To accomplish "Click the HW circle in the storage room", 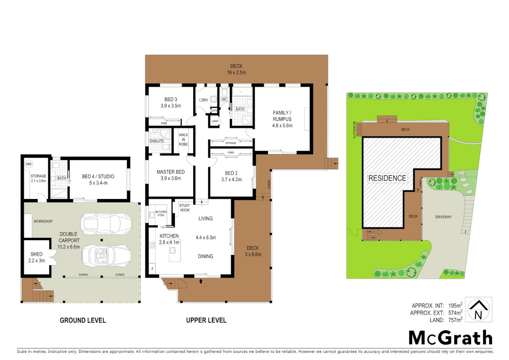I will tap(29, 164).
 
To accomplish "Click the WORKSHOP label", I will tap(43, 221).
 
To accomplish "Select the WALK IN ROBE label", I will tap(183, 140).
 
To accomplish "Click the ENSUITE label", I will tap(157, 141).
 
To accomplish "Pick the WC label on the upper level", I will tap(225, 99).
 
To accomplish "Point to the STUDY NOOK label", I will tap(185, 208).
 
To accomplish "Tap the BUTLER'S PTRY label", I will tap(161, 214).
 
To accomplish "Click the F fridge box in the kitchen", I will tap(152, 269).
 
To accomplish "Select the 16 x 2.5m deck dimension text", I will tap(236, 73).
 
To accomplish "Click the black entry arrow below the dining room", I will tap(201, 281).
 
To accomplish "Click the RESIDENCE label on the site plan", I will tap(387, 178).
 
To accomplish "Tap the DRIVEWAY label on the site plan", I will tap(443, 217).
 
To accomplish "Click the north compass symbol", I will tap(478, 310).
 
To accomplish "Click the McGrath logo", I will tap(450, 338).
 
